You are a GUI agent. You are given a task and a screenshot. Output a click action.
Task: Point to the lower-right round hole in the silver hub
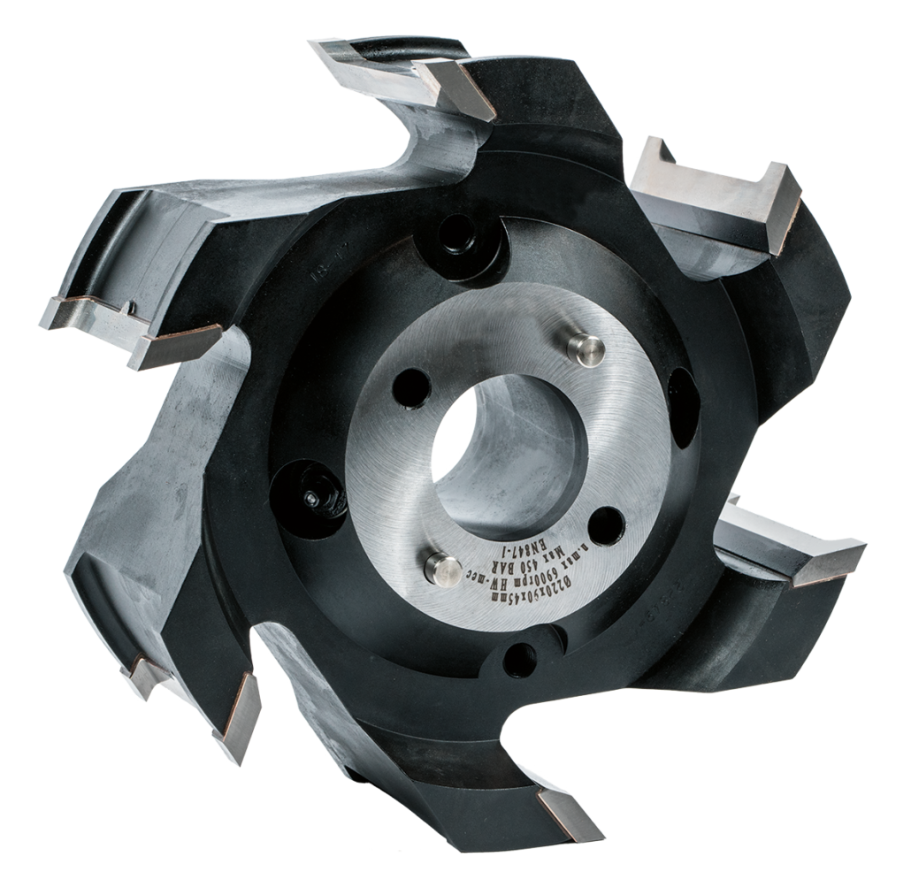point(604,524)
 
